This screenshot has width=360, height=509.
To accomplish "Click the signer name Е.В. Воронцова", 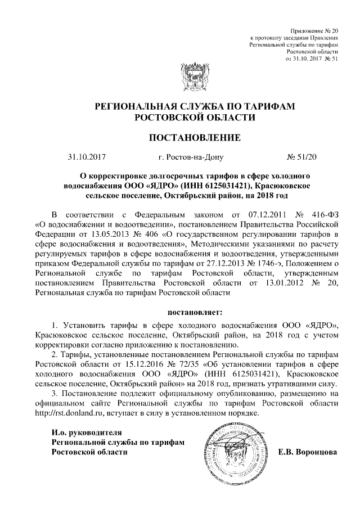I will click(x=308, y=452).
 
